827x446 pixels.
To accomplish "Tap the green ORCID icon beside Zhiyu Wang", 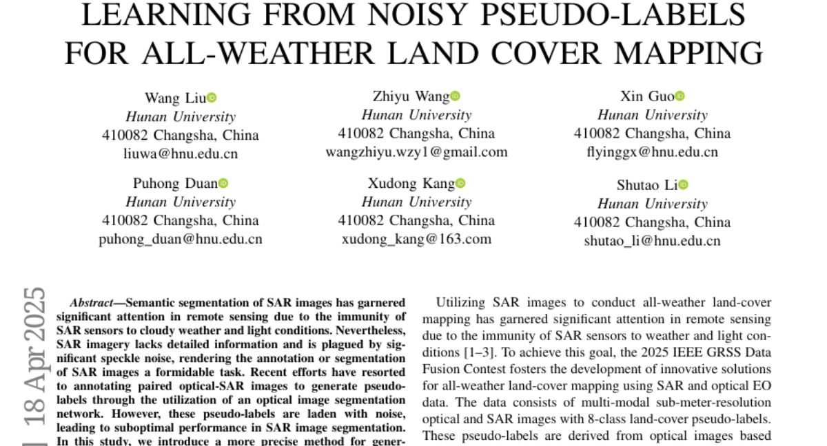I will coord(456,96).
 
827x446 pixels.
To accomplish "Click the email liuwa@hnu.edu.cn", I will coord(181,153).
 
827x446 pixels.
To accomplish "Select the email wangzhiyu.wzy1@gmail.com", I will coord(416,152).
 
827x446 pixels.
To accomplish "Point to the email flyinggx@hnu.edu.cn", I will coord(652,152).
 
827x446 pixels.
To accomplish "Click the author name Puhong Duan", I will coord(175,183).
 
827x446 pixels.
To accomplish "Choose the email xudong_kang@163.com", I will coord(416,239).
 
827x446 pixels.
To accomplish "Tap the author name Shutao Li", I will coord(647,184).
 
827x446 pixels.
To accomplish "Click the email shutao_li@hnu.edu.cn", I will coord(652,241).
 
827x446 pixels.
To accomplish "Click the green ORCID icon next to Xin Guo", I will coord(680,96).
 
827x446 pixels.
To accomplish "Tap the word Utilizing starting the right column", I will coord(461,303).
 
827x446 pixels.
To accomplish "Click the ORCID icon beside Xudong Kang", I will coord(460,183).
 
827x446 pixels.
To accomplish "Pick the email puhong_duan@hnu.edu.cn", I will coord(181,240).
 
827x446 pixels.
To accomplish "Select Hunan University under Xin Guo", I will coord(652,115).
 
